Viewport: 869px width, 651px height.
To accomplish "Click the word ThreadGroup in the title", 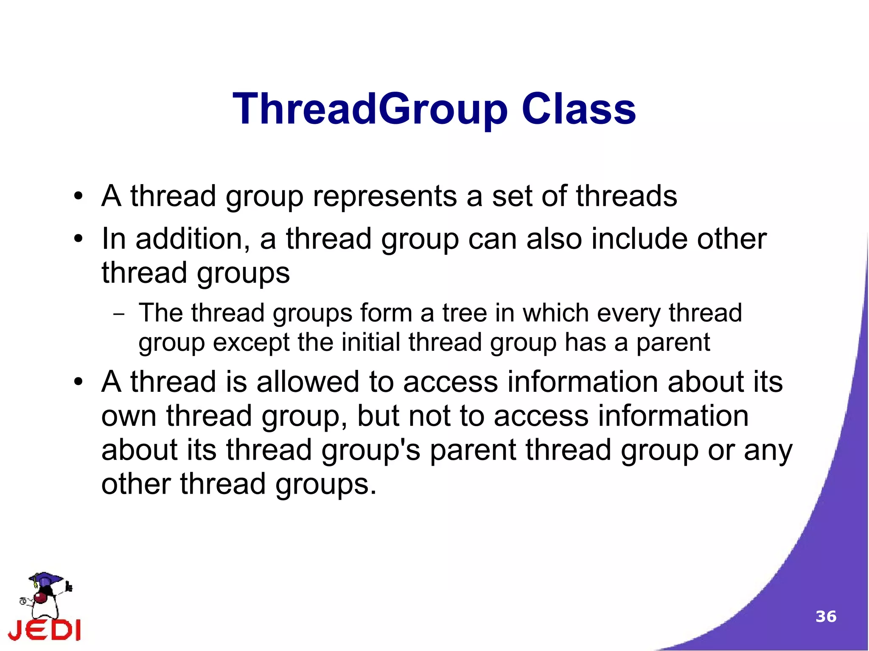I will pyautogui.click(x=369, y=109).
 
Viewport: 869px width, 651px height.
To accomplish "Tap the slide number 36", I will pyautogui.click(x=826, y=616).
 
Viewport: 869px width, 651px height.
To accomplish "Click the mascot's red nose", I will pyautogui.click(x=41, y=598).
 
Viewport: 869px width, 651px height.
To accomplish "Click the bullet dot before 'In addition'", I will pyautogui.click(x=78, y=239).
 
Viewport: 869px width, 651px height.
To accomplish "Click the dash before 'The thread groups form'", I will pyautogui.click(x=119, y=315).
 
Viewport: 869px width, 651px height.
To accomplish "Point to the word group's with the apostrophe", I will pyautogui.click(x=370, y=450).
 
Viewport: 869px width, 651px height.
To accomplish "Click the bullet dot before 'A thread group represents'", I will pyautogui.click(x=78, y=196).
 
